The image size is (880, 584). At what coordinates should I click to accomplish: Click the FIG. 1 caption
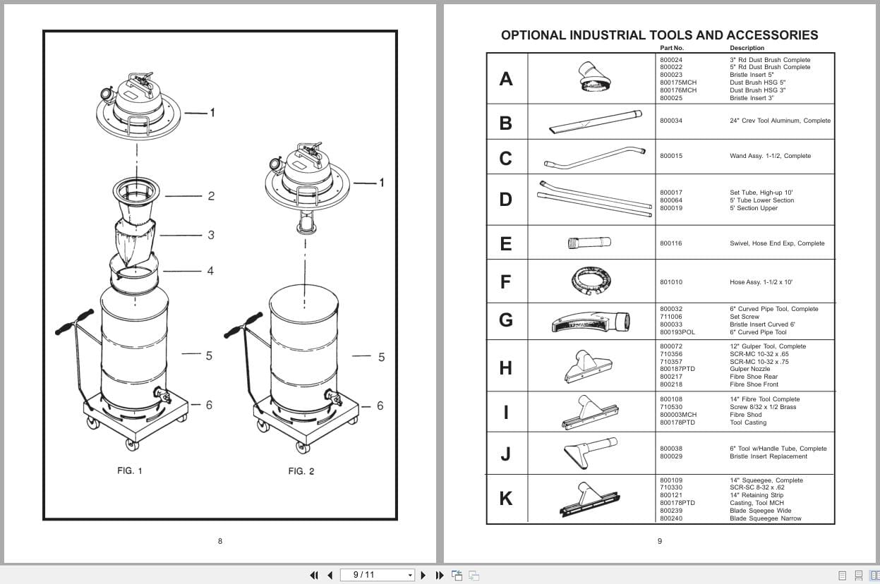point(130,470)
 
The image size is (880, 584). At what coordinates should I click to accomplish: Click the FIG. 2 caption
point(301,471)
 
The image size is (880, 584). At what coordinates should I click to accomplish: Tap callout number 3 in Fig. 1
point(210,235)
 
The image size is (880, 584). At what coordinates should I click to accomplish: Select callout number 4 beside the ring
point(210,271)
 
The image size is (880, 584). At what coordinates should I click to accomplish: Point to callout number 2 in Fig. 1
point(211,196)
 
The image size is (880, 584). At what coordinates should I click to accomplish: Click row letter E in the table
point(505,244)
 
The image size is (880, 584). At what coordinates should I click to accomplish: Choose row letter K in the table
point(505,499)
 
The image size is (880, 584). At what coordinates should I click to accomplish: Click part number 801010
point(671,282)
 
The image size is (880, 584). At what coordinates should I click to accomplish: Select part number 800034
point(671,121)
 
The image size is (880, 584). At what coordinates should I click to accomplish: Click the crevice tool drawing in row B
point(594,122)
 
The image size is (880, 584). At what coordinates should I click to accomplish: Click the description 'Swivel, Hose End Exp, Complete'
point(777,243)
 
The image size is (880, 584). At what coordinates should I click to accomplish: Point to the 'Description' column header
point(747,48)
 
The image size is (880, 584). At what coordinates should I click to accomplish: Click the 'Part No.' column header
point(672,48)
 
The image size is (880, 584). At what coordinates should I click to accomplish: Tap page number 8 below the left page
point(220,541)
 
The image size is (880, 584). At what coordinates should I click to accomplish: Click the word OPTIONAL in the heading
point(533,35)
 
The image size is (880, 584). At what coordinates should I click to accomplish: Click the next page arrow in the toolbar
point(423,575)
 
